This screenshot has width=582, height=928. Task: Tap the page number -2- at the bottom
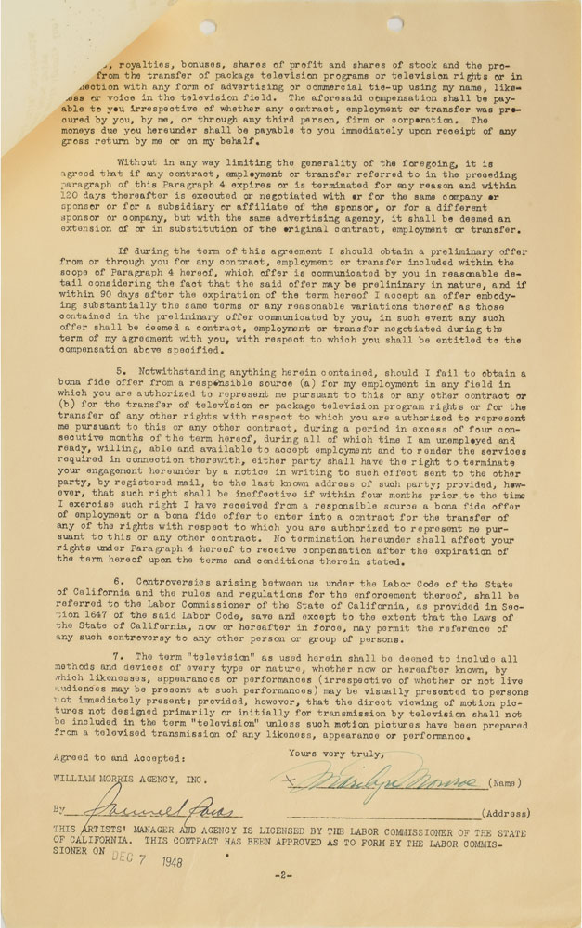(x=282, y=875)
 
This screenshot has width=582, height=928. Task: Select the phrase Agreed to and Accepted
(x=92, y=757)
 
